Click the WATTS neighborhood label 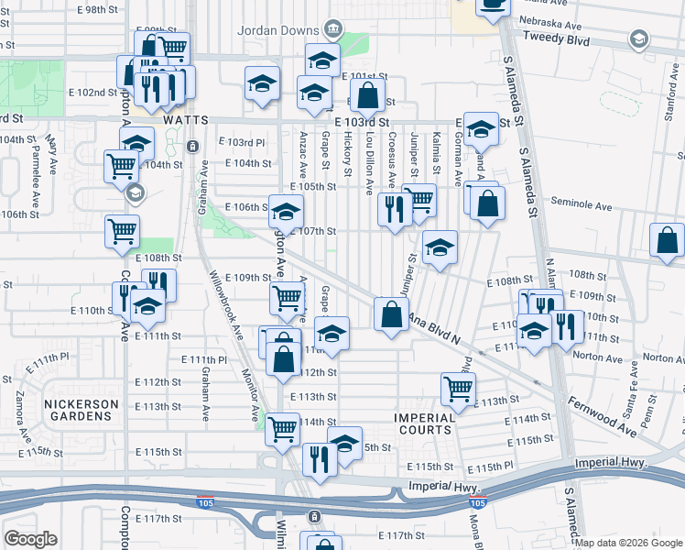click(x=186, y=120)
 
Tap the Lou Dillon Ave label click(x=369, y=161)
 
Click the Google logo click(x=31, y=539)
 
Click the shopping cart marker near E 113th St click(x=458, y=388)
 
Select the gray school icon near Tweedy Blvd click(x=637, y=38)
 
